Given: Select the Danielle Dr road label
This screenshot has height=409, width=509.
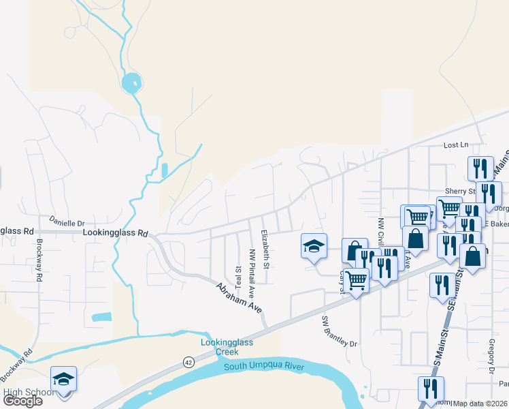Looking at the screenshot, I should coord(66,222).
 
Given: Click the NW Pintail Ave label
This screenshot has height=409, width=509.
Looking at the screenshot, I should coord(251,269).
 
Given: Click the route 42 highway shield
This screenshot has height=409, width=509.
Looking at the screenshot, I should coord(188,362).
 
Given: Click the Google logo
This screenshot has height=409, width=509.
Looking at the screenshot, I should coord(22,401).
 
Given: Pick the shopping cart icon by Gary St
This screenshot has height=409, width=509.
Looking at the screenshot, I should coord(357,280).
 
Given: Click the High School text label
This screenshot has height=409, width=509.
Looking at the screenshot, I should coord(29,392).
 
